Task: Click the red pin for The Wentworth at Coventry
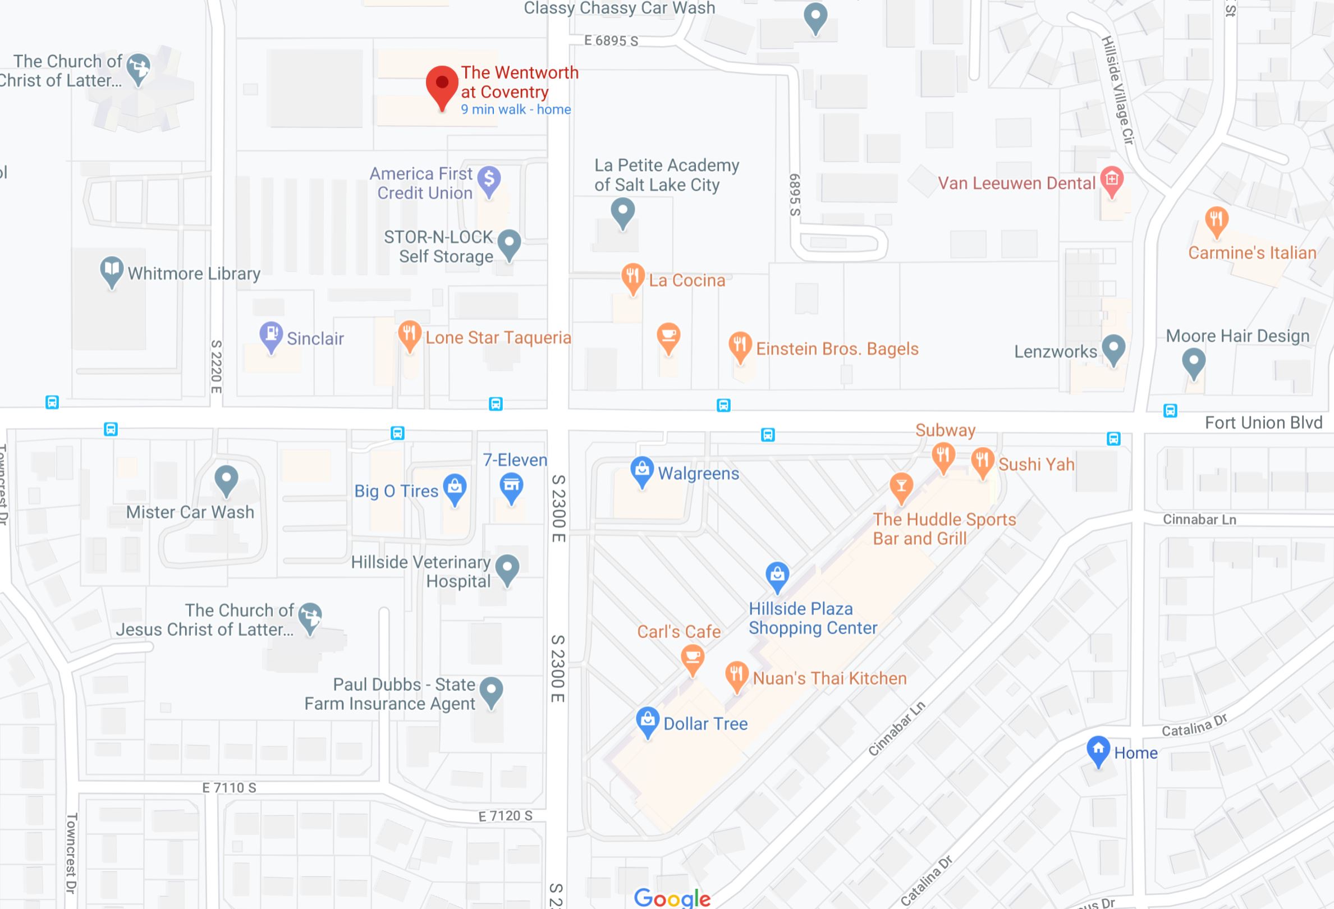pyautogui.click(x=442, y=85)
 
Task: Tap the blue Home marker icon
pyautogui.click(x=1098, y=749)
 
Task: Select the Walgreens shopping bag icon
pyautogui.click(x=641, y=470)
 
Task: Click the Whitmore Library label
pyautogui.click(x=194, y=274)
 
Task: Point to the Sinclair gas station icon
pyautogui.click(x=271, y=334)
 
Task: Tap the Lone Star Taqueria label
pyautogui.click(x=498, y=337)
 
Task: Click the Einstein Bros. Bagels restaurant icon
pyautogui.click(x=740, y=345)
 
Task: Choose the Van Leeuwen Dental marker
pyautogui.click(x=1111, y=180)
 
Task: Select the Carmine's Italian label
pyautogui.click(x=1252, y=252)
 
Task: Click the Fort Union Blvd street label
pyautogui.click(x=1263, y=423)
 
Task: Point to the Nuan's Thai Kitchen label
pyautogui.click(x=829, y=678)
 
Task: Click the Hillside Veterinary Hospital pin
pyautogui.click(x=507, y=567)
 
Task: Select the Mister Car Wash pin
pyautogui.click(x=226, y=479)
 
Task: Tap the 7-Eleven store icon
pyautogui.click(x=511, y=485)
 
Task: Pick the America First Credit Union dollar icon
pyautogui.click(x=489, y=179)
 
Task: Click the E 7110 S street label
pyautogui.click(x=229, y=788)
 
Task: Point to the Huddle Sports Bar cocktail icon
pyautogui.click(x=901, y=486)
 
